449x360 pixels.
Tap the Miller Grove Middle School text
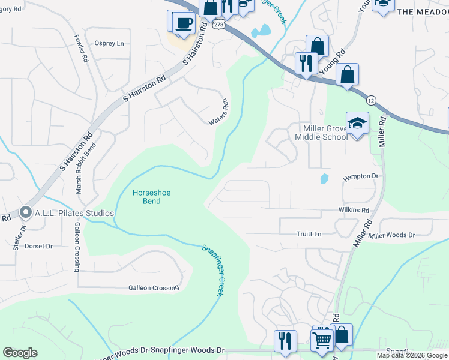[x=321, y=132]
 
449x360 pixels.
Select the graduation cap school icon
[x=357, y=124]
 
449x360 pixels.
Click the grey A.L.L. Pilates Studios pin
[x=25, y=212]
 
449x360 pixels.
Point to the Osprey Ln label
[x=109, y=43]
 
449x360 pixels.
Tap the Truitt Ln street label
[x=309, y=234]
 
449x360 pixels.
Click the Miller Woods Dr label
[x=391, y=235]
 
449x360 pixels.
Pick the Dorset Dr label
[x=39, y=246]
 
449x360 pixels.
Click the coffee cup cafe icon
[x=184, y=23]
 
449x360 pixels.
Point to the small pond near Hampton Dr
[x=324, y=179]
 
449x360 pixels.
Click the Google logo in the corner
[x=20, y=353]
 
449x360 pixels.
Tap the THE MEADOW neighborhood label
[x=423, y=12]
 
